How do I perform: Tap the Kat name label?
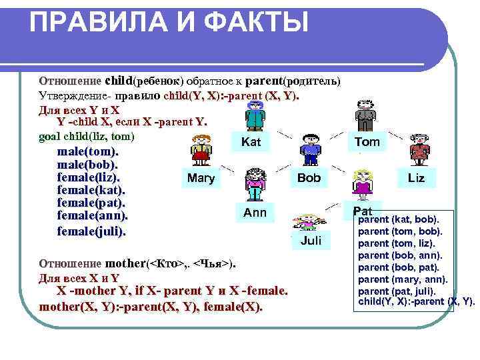251,142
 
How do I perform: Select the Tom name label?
367,142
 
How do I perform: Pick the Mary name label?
201,178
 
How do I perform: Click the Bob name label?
309,178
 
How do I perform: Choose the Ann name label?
255,213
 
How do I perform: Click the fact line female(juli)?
91,231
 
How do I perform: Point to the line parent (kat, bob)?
399,219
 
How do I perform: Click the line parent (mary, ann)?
403,279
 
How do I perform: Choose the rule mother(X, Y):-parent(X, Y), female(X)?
151,307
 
